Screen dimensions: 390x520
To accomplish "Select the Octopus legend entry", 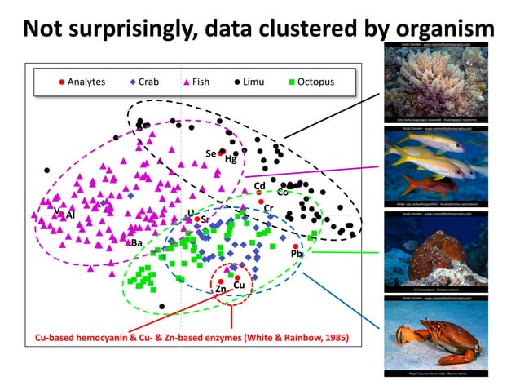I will coord(311,82).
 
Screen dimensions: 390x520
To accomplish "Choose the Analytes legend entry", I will coord(88,82).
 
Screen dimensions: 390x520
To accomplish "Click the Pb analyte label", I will coord(296,255).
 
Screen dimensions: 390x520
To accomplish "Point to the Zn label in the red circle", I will coord(221,289).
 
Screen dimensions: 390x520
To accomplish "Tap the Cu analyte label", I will coord(239,285).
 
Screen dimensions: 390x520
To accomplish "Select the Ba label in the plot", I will coord(137,242).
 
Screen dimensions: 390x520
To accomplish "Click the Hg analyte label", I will coord(231,160).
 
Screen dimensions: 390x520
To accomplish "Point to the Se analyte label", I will coord(210,153).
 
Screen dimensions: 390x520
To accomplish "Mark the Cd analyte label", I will coord(260,186).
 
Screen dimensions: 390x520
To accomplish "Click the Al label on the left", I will coord(71,215).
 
